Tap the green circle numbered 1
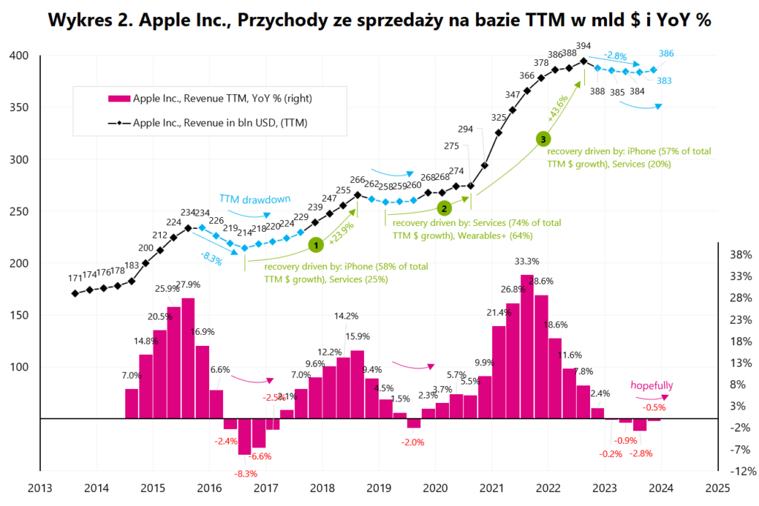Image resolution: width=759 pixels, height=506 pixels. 314,243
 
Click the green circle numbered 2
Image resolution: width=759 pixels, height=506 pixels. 444,208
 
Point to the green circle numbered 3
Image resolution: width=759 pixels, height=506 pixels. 543,139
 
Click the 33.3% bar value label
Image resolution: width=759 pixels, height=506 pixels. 527,261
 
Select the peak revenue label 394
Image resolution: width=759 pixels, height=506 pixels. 584,46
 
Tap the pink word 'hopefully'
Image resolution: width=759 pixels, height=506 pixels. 652,385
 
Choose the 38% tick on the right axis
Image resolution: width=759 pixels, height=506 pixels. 740,255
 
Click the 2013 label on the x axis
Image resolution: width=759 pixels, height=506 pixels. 39,488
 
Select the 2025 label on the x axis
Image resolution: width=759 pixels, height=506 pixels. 717,488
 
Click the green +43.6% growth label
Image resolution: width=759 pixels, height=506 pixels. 557,109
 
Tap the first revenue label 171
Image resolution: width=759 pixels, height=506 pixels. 75,279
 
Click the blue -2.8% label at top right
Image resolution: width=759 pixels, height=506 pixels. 617,55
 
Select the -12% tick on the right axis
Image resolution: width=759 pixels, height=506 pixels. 740,471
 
